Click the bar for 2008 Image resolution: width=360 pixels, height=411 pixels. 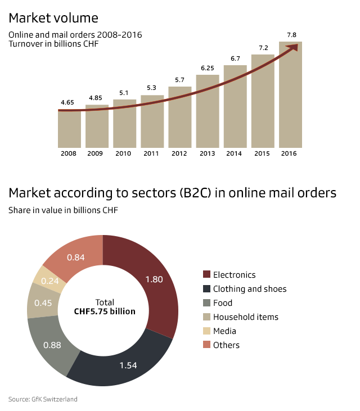tap(69, 129)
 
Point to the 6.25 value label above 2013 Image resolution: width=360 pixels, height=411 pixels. tap(208, 68)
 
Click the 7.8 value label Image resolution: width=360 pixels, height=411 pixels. tap(291, 35)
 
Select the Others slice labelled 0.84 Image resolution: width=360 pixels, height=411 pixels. tap(76, 256)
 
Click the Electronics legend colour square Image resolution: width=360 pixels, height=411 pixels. tap(206, 274)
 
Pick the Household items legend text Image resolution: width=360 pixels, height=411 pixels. tap(245, 317)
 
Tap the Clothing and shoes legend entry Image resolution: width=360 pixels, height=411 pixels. tap(250, 289)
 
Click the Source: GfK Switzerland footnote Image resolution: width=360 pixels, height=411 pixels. tap(43, 399)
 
